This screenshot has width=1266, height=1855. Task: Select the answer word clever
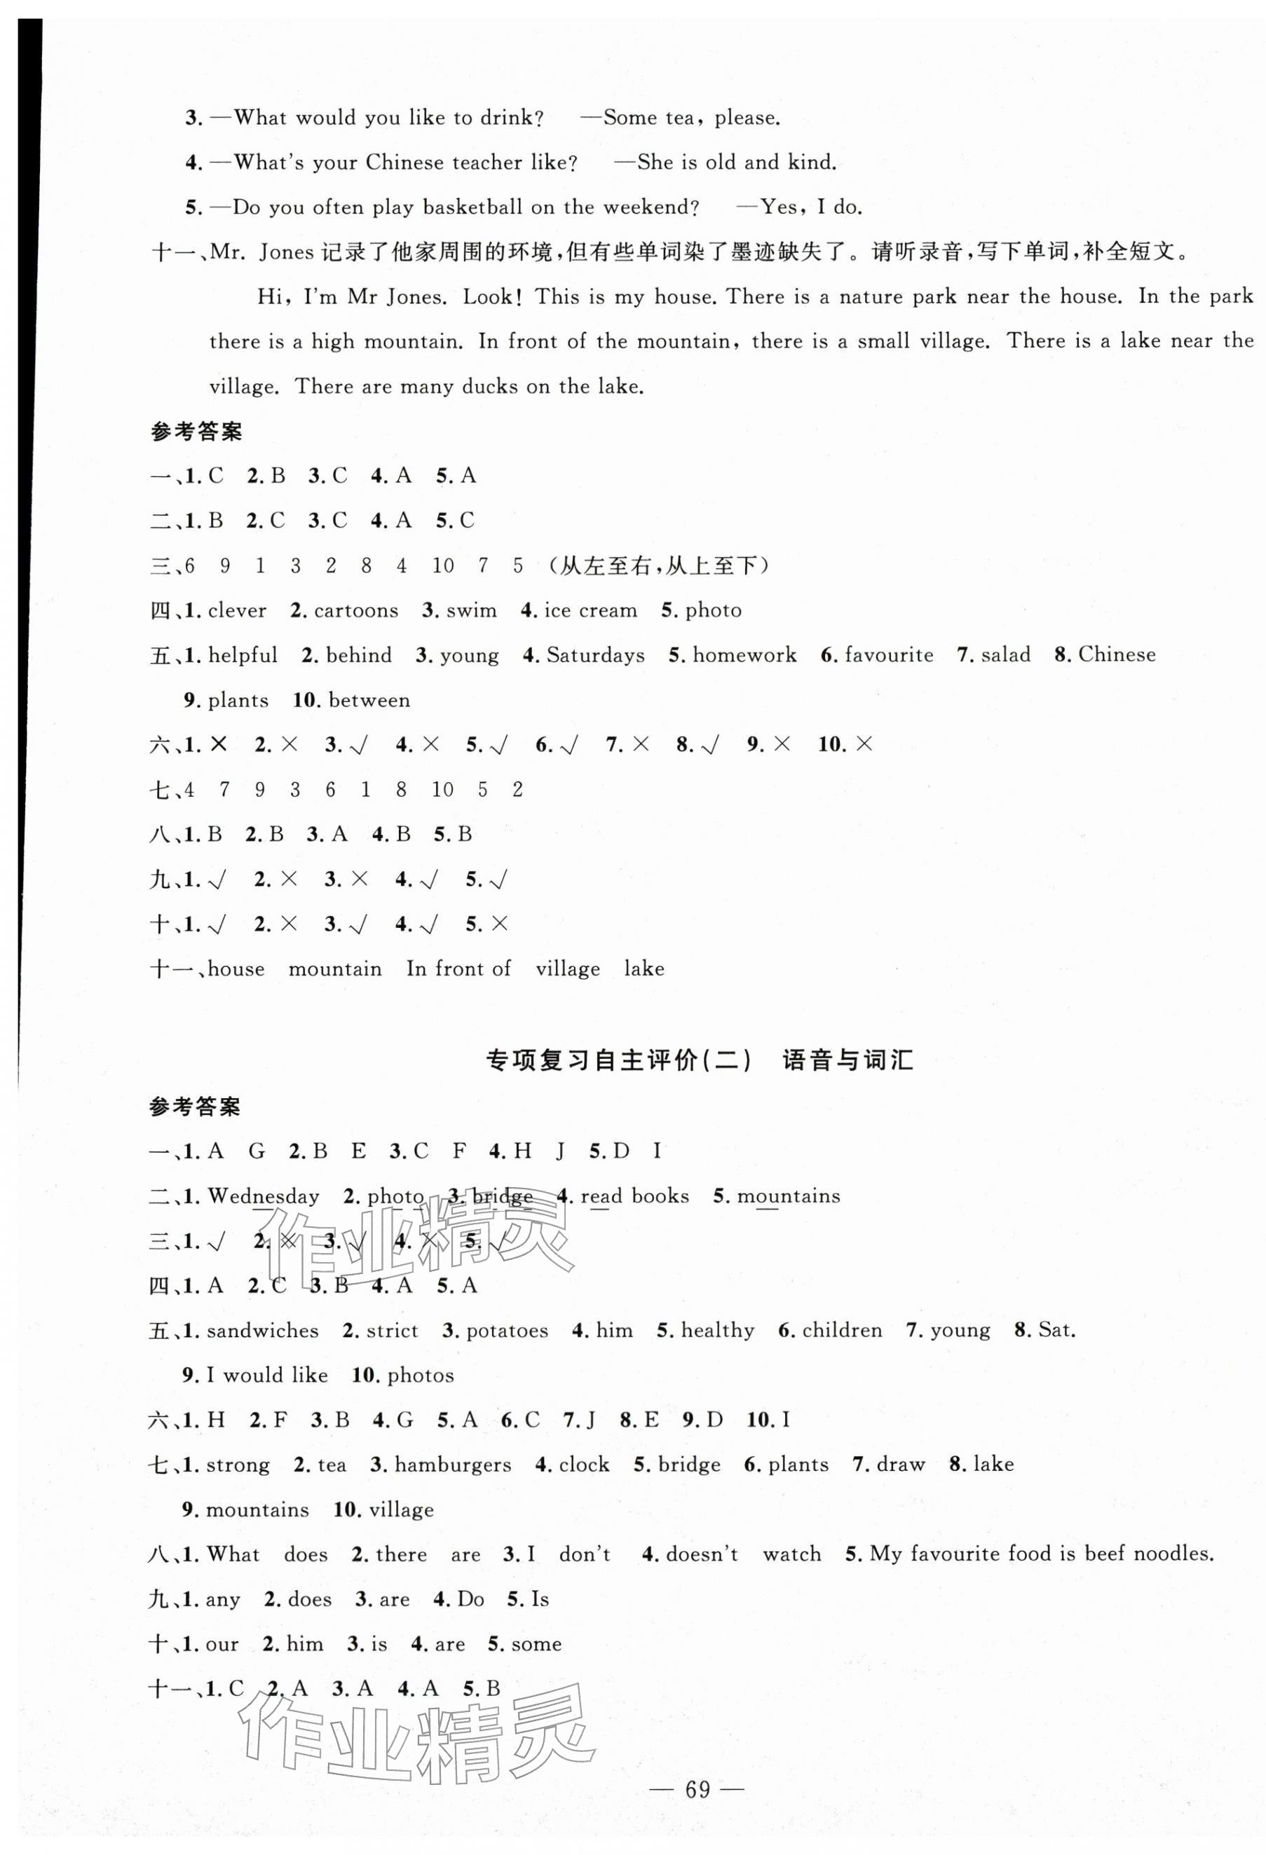[x=237, y=610]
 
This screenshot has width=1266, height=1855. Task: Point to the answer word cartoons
[x=356, y=610]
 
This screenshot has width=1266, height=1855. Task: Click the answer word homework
[x=744, y=655]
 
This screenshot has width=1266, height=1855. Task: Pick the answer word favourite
[x=888, y=655]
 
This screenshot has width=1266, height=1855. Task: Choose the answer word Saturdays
[x=595, y=655]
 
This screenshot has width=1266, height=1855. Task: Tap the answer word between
[x=369, y=700]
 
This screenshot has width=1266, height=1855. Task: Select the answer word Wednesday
[x=264, y=1196]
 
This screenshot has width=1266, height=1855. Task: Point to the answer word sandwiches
[x=263, y=1331]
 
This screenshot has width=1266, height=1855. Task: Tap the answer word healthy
[x=718, y=1331]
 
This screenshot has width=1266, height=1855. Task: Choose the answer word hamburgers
[x=453, y=1465]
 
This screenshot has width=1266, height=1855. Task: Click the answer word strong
[x=238, y=1465]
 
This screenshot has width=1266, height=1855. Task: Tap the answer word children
[x=842, y=1331]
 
